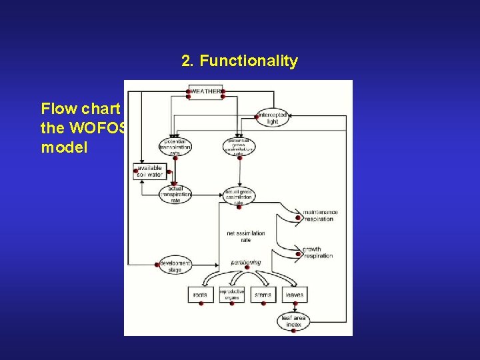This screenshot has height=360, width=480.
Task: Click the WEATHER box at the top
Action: pos(205,91)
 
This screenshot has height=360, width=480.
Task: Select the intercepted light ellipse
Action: pos(272,119)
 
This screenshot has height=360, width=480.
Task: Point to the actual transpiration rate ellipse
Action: pos(175,194)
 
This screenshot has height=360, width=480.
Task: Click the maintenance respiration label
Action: pos(320,215)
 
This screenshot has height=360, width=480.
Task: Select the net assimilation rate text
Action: pos(246,237)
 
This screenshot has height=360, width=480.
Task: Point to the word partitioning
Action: pos(246,263)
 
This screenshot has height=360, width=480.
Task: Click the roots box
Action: pos(201,295)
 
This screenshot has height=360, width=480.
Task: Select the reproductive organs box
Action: pos(232,295)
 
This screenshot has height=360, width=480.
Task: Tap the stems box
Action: pos(263,295)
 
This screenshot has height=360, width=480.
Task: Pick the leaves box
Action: pos(293,295)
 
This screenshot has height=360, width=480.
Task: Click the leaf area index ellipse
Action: pos(293,321)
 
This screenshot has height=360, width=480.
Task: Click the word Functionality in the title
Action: pos(249,61)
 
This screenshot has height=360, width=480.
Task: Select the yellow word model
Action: pos(64,147)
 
